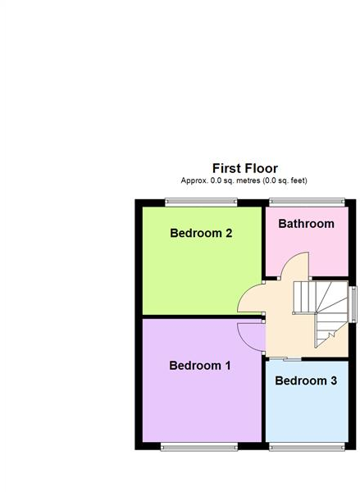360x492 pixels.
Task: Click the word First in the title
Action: (x=226, y=168)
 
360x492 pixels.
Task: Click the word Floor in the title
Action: (x=262, y=168)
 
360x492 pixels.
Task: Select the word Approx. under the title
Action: (x=195, y=180)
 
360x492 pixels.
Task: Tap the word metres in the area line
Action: (x=245, y=180)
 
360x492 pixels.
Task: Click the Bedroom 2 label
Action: (x=201, y=233)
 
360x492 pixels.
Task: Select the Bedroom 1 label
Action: (x=200, y=366)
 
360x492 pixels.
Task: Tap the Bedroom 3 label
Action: (x=305, y=380)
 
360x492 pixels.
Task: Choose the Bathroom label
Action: (x=306, y=223)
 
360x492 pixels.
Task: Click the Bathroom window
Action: (x=307, y=202)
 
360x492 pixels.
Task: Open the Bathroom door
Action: (x=295, y=266)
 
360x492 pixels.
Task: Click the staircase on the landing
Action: (x=321, y=309)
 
